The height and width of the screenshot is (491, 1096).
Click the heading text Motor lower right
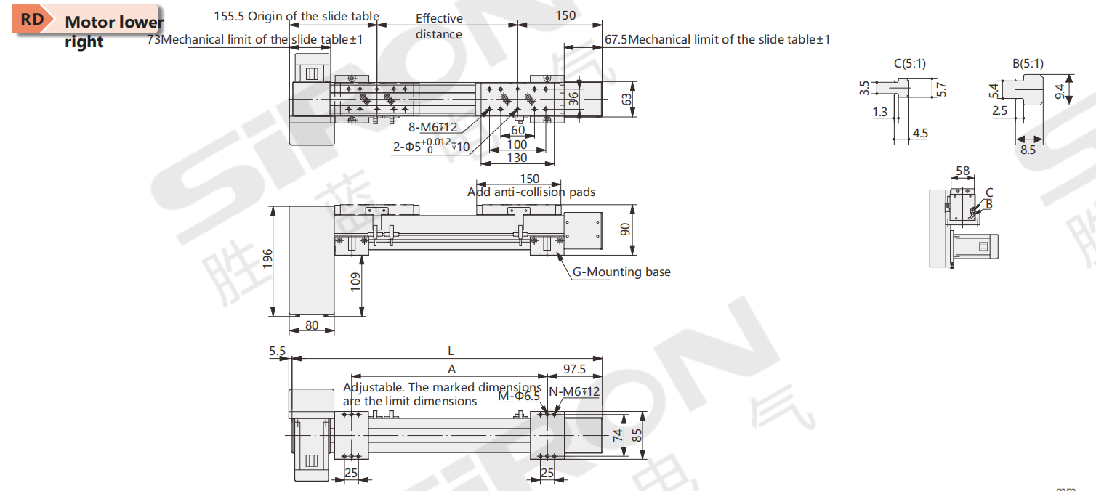113,31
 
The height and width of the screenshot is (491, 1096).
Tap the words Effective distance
439,26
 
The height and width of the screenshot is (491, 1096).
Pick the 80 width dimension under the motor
311,326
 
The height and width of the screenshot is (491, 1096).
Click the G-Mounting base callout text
621,272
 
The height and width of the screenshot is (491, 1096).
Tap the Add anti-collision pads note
531,192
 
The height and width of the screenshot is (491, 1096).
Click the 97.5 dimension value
574,370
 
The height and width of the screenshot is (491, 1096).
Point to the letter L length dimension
451,351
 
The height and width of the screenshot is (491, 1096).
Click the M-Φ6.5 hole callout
519,396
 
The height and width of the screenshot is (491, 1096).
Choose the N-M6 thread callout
574,392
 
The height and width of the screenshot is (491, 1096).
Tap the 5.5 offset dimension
277,352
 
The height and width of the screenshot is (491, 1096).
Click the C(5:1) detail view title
909,63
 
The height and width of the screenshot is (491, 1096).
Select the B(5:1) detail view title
1028,63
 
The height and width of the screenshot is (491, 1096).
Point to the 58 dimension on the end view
962,171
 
